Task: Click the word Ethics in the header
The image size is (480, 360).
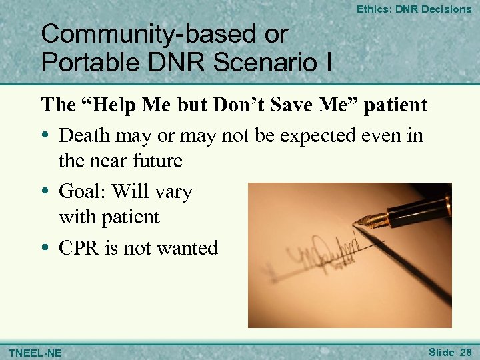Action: coord(371,9)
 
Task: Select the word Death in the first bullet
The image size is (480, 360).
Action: coord(84,135)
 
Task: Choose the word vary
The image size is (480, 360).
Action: coord(172,192)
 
